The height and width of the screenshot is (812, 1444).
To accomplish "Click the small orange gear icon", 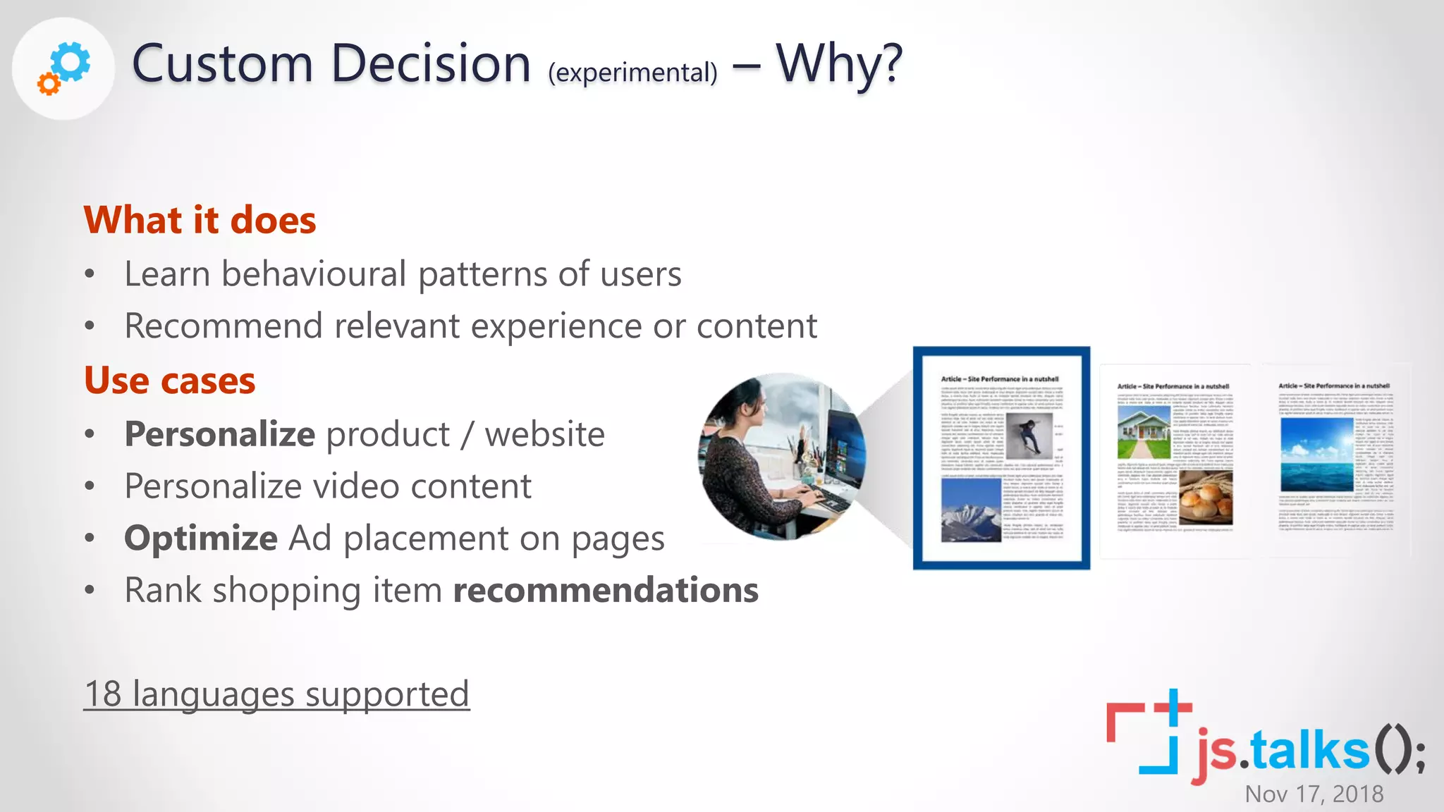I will (x=49, y=85).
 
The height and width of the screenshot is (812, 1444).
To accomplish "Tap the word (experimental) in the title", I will (x=632, y=73).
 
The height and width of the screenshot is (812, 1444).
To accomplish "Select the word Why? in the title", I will (x=839, y=64).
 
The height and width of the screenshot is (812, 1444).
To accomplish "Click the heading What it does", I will (x=200, y=220).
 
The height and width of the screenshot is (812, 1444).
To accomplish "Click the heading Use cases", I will (x=169, y=381).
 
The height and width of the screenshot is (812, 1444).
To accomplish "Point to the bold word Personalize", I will (x=219, y=434).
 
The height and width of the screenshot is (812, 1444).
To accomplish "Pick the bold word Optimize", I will (x=201, y=539).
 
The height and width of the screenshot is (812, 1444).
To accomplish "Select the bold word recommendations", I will (x=606, y=590).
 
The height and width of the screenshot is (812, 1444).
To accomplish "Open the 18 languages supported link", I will (x=276, y=694).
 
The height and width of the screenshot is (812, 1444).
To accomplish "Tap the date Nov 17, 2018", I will (x=1314, y=794).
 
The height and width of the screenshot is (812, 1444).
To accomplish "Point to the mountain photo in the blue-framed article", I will (x=971, y=509).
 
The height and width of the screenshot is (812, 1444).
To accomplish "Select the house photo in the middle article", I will (x=1144, y=431).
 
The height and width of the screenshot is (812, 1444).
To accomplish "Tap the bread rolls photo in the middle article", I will (x=1206, y=498).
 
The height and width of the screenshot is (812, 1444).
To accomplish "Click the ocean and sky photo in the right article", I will (x=1316, y=455).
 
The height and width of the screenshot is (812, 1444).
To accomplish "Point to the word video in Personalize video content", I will (x=355, y=486).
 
